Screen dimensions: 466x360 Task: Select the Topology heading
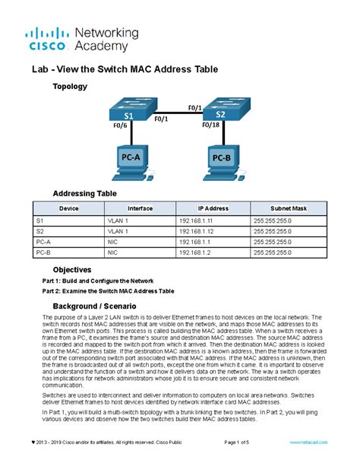point(69,87)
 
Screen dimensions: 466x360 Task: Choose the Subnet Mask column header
point(289,208)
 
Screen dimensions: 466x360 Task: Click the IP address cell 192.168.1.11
point(195,220)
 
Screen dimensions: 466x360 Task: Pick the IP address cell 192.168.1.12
point(195,230)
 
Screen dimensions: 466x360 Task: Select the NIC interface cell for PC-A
point(112,241)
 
